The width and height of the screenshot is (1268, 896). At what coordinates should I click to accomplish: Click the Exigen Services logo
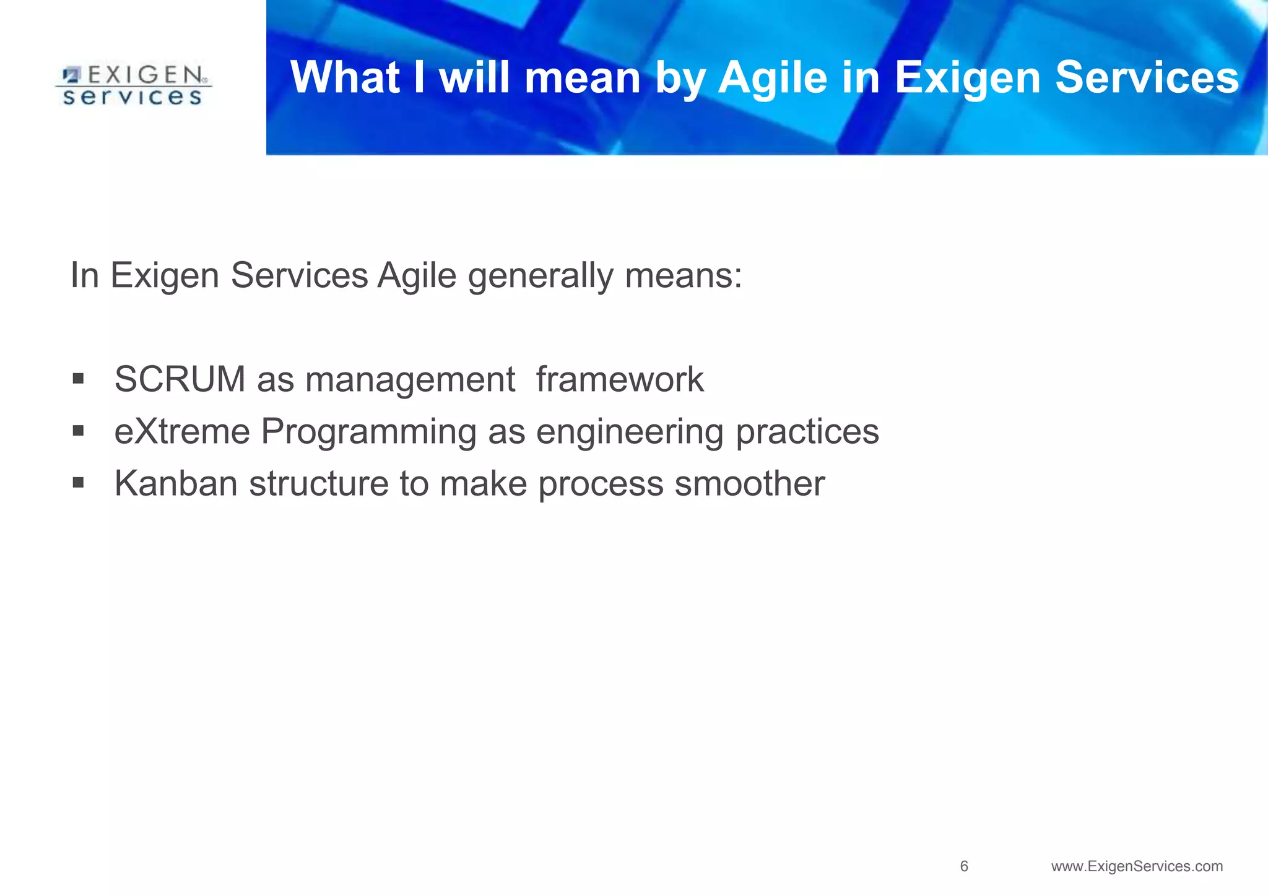[x=133, y=85]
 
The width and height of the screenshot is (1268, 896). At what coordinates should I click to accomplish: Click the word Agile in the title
[x=773, y=78]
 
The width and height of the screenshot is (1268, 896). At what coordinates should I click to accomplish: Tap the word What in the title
[x=345, y=78]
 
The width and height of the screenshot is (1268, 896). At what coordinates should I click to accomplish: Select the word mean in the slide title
[x=582, y=78]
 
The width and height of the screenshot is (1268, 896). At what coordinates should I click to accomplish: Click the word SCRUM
[x=180, y=379]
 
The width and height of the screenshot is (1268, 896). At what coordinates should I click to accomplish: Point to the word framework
[x=620, y=379]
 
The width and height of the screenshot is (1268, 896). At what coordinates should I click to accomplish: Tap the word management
[x=410, y=379]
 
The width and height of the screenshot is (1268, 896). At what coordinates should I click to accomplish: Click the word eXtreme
[x=182, y=431]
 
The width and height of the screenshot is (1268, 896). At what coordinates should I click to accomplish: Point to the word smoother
[x=749, y=483]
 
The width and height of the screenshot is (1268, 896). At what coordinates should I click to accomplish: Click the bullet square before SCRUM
[x=78, y=379]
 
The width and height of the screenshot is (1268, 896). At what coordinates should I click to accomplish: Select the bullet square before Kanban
[x=78, y=483]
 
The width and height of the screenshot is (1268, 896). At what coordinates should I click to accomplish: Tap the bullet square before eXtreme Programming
[x=78, y=431]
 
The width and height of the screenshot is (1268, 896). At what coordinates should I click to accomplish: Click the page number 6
[x=964, y=866]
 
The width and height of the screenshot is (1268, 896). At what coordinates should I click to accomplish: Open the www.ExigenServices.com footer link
[x=1137, y=866]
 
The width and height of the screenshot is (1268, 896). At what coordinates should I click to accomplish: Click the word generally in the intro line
[x=540, y=276]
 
